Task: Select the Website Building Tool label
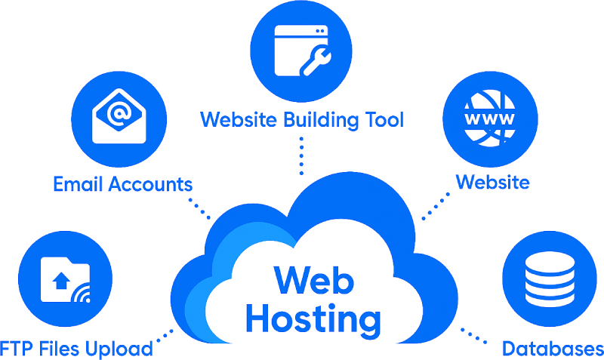(x=302, y=119)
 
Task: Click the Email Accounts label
(x=122, y=183)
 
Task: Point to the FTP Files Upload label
(x=76, y=349)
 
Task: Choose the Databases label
(x=552, y=349)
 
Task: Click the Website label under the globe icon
(x=492, y=182)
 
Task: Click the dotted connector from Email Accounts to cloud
(x=199, y=207)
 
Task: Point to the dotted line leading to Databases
(x=476, y=335)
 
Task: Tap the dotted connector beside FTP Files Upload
(x=165, y=335)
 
